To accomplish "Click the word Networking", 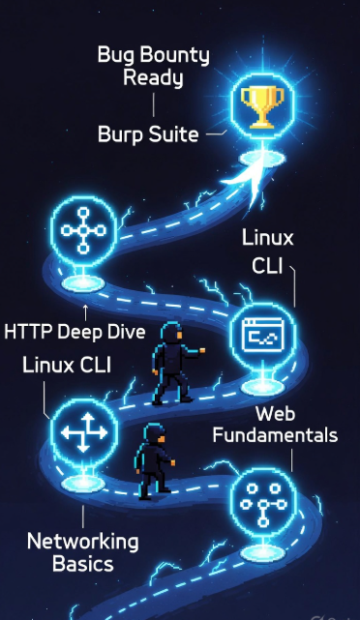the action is click(x=82, y=541).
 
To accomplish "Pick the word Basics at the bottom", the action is click(x=82, y=563).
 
